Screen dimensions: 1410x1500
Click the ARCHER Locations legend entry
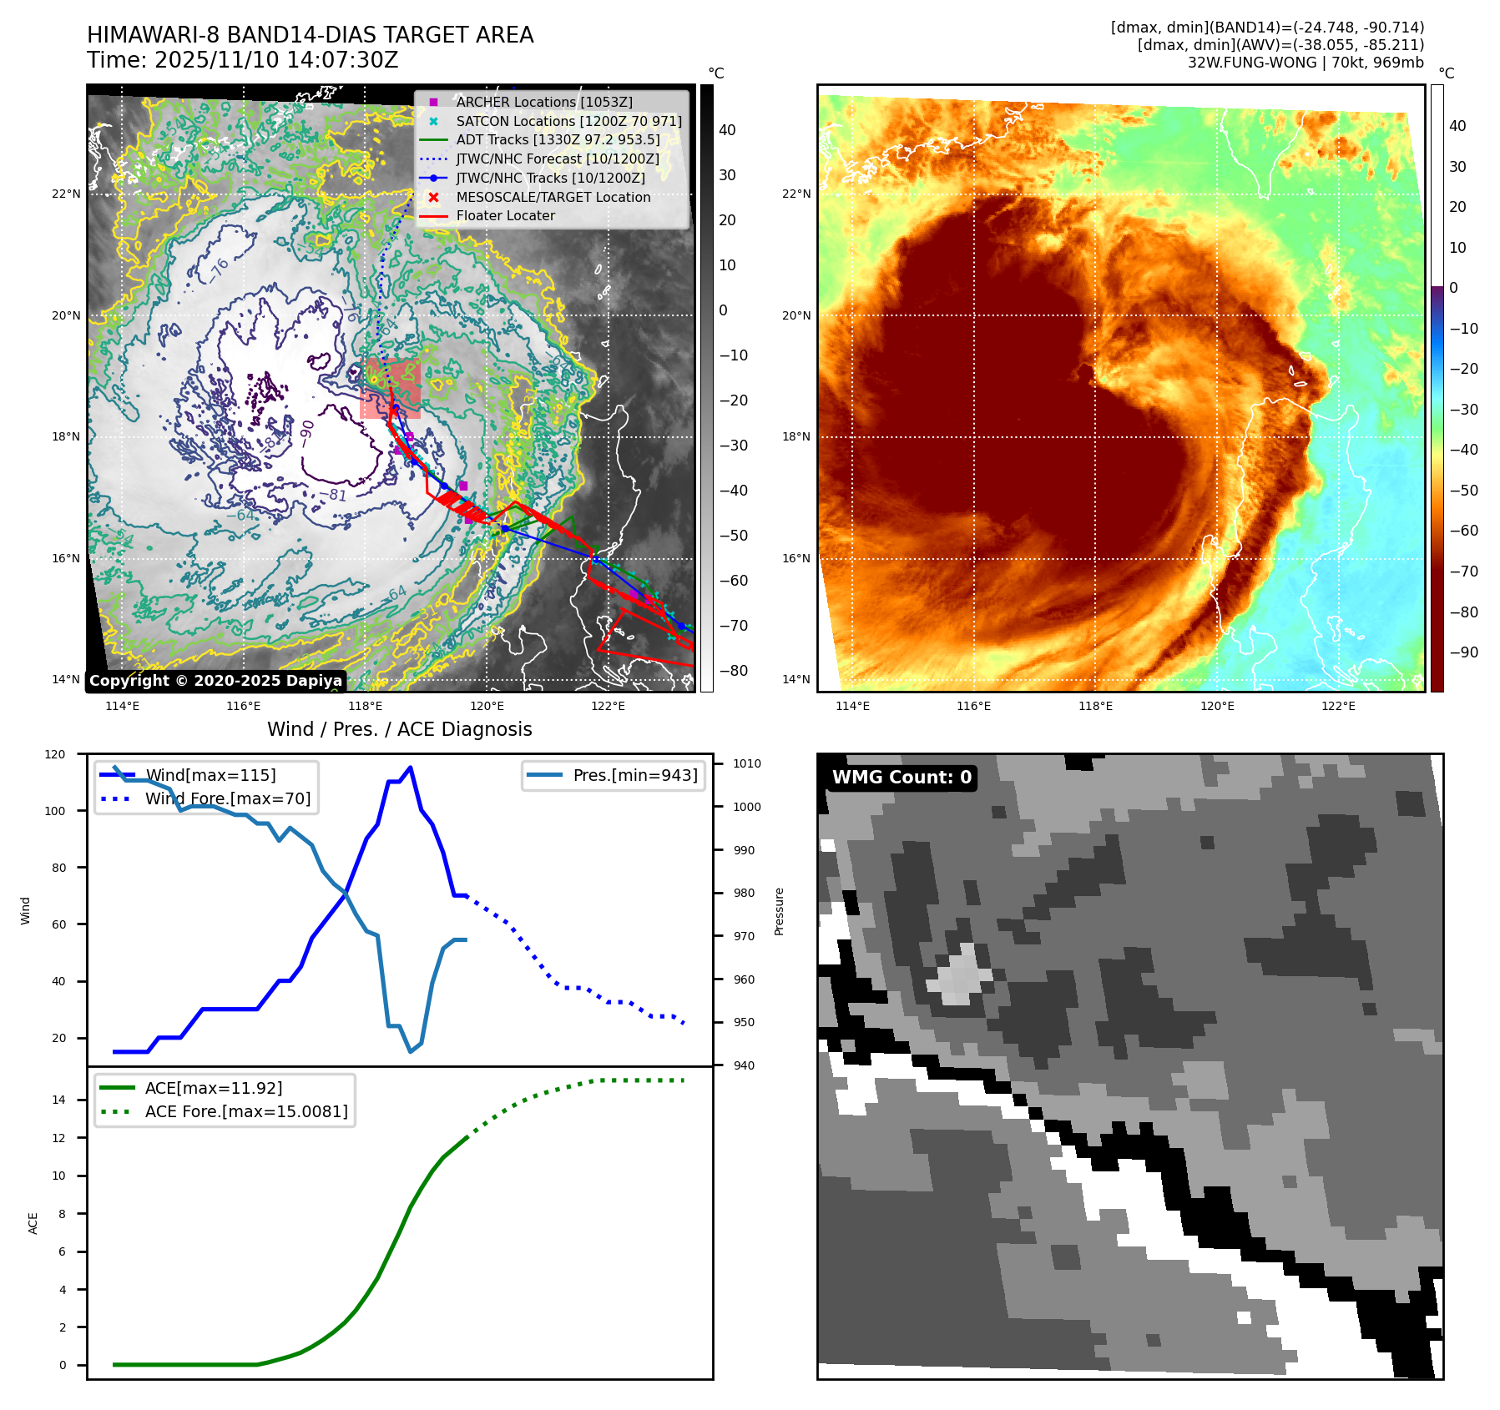coord(543,102)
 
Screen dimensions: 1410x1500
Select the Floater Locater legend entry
coord(505,215)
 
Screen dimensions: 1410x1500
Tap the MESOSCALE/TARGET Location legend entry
coord(553,197)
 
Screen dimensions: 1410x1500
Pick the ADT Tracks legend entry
coord(557,139)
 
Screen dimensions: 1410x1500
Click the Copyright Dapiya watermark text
coord(215,681)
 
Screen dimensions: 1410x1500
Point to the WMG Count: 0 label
coord(902,778)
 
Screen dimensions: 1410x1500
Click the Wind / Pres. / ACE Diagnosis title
coord(399,729)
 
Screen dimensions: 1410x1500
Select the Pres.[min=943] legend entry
coord(634,775)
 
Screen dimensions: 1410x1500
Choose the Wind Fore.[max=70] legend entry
coord(227,798)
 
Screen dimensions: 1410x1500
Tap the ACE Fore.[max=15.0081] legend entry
coord(245,1111)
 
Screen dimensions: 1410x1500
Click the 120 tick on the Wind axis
coord(55,754)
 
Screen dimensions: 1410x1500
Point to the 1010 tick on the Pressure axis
coord(746,763)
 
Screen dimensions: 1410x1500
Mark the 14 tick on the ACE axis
coord(59,1100)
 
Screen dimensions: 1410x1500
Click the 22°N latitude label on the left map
coord(66,194)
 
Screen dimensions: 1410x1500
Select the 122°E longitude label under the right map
coord(1338,706)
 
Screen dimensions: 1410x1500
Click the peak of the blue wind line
coord(410,767)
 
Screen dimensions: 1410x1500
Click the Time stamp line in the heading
coord(242,60)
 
